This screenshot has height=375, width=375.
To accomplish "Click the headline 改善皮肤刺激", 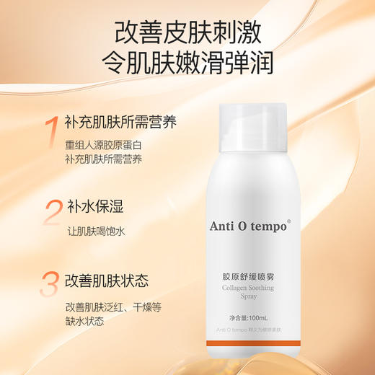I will pos(187,32).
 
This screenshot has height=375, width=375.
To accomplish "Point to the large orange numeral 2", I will pos(52,214).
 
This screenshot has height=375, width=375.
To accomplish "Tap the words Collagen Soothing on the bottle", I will pos(252,287).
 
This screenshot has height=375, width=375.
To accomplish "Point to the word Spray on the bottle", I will pos(252,297).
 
